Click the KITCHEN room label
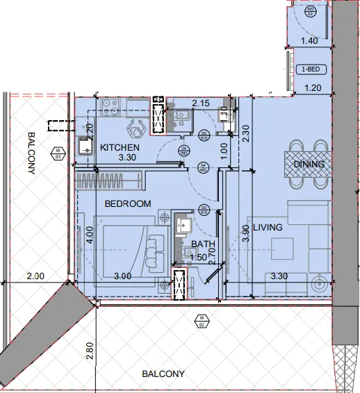(x=120, y=148)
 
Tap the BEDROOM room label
(x=128, y=204)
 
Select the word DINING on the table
(x=309, y=164)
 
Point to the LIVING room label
(x=267, y=227)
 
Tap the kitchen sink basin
(x=85, y=146)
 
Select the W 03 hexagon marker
(x=58, y=152)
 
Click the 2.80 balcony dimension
(x=89, y=351)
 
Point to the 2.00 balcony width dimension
(x=35, y=276)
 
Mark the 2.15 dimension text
(x=202, y=103)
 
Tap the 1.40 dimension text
(x=311, y=42)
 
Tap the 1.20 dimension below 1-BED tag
(x=314, y=87)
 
